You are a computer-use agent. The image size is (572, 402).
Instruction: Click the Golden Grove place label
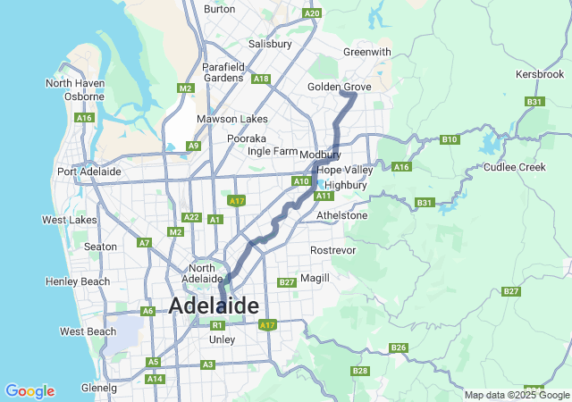(x=339, y=87)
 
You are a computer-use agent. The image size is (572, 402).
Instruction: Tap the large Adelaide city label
(x=214, y=306)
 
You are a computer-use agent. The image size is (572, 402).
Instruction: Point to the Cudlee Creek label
(x=514, y=167)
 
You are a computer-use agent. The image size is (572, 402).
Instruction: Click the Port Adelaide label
(x=88, y=172)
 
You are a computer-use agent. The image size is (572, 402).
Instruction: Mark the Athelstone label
(x=342, y=215)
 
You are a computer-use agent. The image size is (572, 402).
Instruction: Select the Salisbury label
(x=271, y=43)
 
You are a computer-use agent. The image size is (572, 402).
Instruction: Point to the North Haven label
(x=75, y=83)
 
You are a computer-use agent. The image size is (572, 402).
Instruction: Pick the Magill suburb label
(x=315, y=278)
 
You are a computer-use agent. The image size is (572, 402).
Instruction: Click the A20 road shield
(x=311, y=13)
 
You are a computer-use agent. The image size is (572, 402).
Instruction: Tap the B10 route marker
(x=450, y=139)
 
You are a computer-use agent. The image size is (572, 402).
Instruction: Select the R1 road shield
(x=216, y=325)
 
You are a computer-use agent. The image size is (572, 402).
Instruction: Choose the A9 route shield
(x=194, y=146)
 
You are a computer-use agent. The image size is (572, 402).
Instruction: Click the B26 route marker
(x=399, y=348)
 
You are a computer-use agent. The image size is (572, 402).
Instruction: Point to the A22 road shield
(x=190, y=217)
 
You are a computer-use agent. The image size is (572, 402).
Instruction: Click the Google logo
(x=29, y=391)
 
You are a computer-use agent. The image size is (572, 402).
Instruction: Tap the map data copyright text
(x=516, y=395)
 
